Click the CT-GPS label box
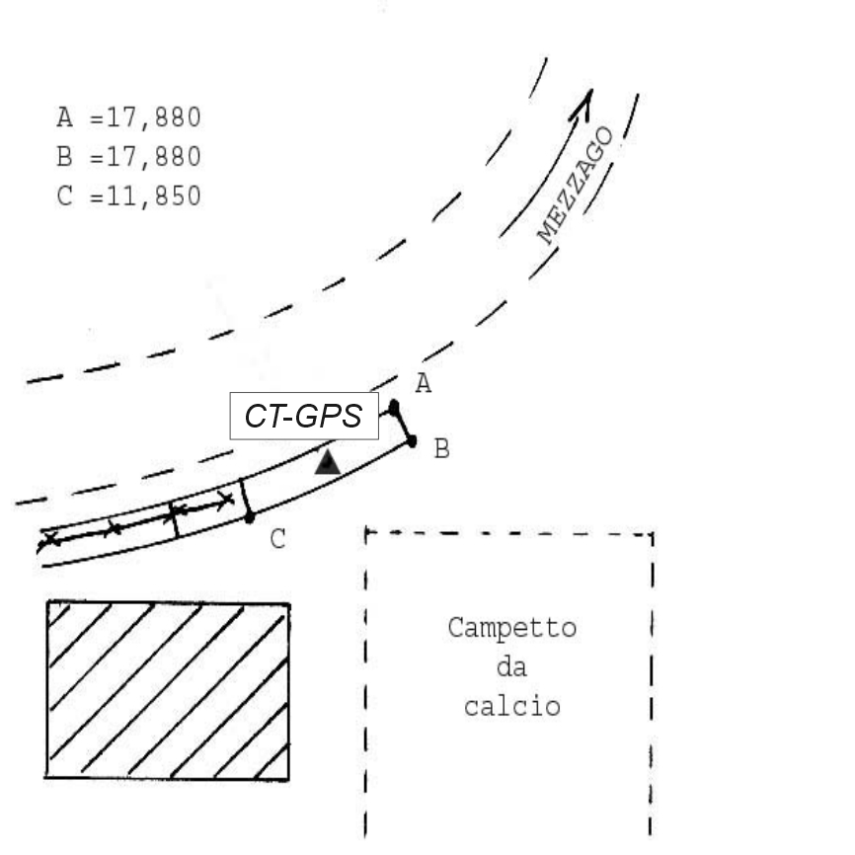point(304,417)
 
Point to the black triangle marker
point(328,461)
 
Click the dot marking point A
point(394,406)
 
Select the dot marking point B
point(412,440)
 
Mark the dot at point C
point(250,516)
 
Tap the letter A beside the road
point(423,384)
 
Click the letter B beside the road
point(441,450)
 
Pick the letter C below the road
point(277,539)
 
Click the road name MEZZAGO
point(576,186)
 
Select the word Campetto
point(511,628)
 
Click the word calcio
point(511,707)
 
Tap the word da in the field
point(511,667)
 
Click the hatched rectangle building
point(168,689)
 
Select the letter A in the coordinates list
point(65,117)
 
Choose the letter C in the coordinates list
point(65,195)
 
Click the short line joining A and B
point(404,424)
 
